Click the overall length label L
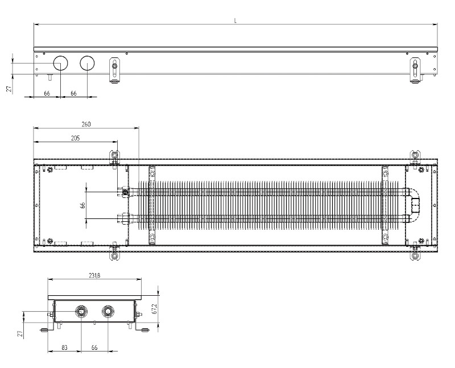[x=235, y=20]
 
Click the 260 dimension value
[x=86, y=124]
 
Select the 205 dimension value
[x=75, y=138]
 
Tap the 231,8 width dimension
[x=94, y=275]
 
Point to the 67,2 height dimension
[x=154, y=309]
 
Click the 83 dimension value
[x=64, y=348]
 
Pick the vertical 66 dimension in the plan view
[x=82, y=205]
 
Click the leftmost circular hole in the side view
[x=61, y=63]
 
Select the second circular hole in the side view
[x=87, y=63]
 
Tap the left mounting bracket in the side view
[x=115, y=70]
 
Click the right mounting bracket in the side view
[x=416, y=70]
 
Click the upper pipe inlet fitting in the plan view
[x=125, y=192]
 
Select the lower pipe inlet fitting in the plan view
[x=125, y=218]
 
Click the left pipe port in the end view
[x=81, y=312]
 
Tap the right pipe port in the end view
[x=108, y=312]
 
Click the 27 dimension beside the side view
[x=10, y=89]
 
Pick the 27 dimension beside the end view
[x=20, y=334]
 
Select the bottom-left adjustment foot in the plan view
[x=115, y=254]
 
